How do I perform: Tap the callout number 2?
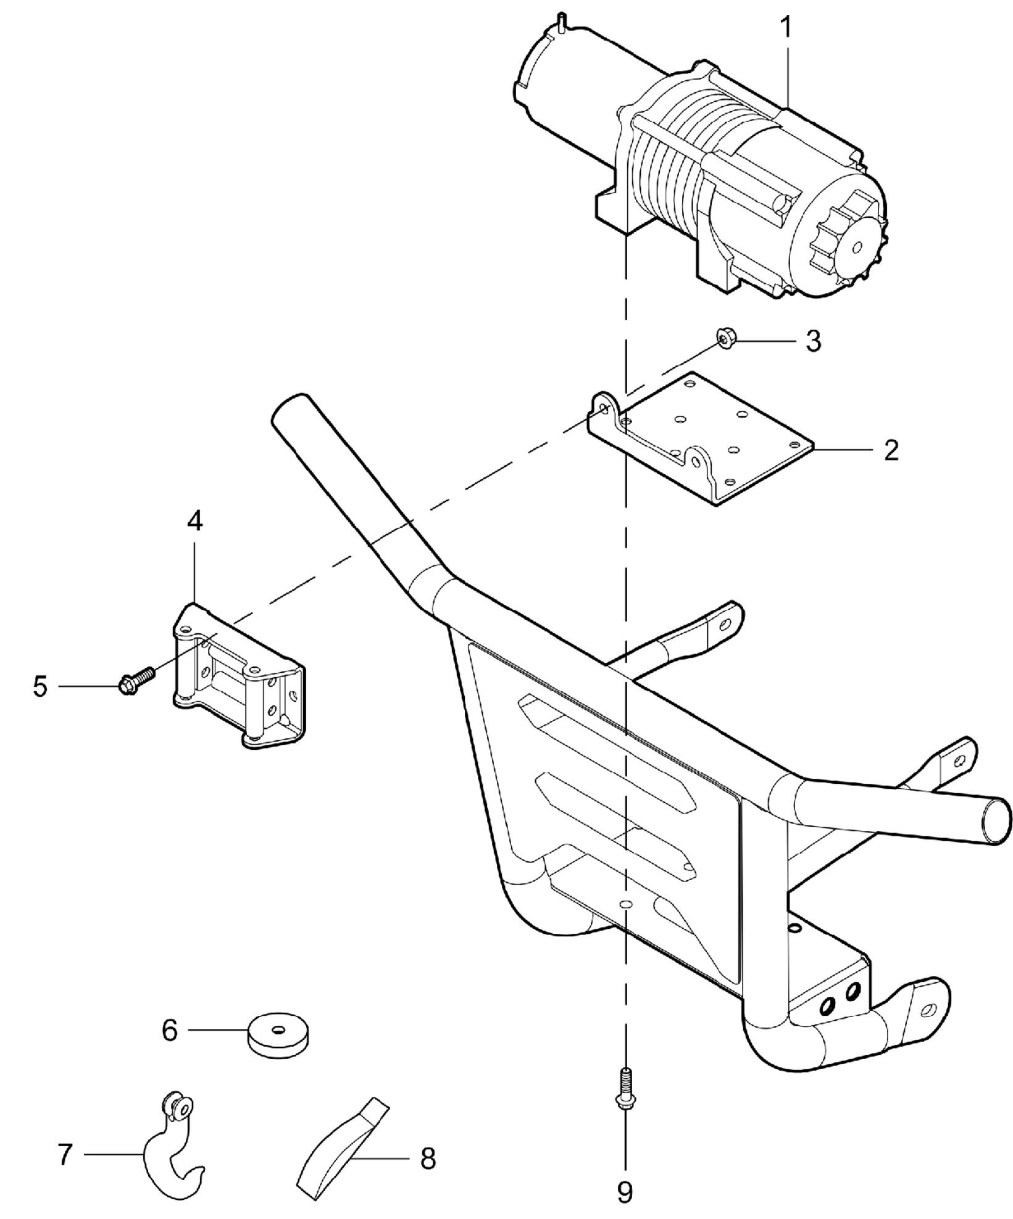click(x=891, y=451)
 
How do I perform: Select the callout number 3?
click(x=814, y=341)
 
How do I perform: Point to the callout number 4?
click(x=194, y=522)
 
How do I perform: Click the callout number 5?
click(x=41, y=686)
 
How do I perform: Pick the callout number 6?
click(x=170, y=1030)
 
